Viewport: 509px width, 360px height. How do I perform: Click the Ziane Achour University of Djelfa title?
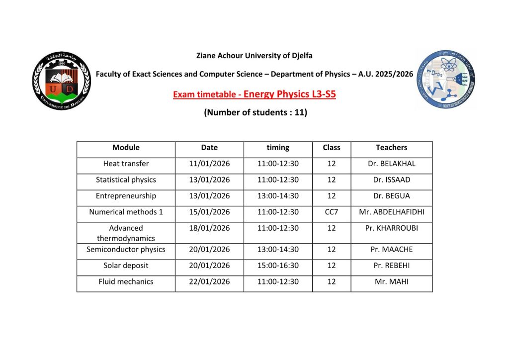[x=254, y=56]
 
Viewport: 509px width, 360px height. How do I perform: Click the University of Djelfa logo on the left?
[x=62, y=81]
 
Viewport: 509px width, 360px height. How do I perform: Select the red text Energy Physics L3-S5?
[x=290, y=94]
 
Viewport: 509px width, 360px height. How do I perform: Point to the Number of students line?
[x=255, y=112]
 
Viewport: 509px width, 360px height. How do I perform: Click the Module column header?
[x=126, y=147]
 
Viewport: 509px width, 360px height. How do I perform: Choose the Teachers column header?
[x=391, y=147]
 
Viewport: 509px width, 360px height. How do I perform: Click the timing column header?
[x=278, y=147]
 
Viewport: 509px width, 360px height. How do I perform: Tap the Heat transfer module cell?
[x=126, y=164]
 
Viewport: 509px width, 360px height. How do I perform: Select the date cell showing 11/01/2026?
[x=209, y=164]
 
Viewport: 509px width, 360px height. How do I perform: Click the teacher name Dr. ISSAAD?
[x=391, y=180]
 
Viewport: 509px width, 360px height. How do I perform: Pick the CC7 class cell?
[x=332, y=212]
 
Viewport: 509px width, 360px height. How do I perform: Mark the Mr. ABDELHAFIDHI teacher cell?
[x=391, y=212]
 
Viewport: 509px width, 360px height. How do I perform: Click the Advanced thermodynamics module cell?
[x=126, y=233]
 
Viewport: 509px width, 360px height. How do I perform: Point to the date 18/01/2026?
[x=209, y=228]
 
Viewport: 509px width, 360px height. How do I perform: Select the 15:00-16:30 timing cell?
[x=278, y=266]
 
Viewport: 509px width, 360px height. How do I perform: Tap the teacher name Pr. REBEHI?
[x=391, y=266]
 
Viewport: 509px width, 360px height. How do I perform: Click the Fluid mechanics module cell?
[x=126, y=281]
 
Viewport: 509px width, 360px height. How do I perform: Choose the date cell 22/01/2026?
[x=209, y=281]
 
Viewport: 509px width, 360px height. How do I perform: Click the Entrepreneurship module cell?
[x=126, y=196]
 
